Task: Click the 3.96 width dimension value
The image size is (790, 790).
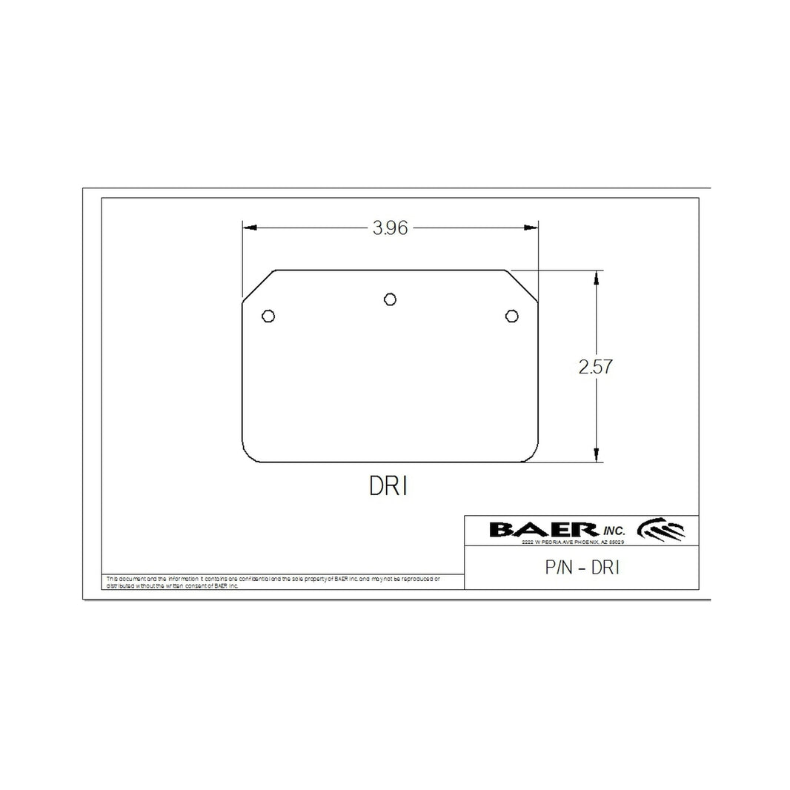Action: (391, 228)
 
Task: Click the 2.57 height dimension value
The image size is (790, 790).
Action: (596, 367)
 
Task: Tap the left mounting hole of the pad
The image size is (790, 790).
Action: (268, 316)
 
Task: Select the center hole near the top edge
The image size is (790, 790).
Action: (390, 299)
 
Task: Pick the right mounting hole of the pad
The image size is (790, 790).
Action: (511, 316)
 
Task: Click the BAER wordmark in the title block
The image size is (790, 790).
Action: (543, 529)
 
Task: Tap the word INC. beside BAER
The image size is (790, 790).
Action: (614, 531)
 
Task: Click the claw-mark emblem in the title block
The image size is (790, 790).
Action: (662, 528)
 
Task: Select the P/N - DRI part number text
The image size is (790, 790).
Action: (582, 568)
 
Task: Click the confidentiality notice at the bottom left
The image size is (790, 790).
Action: (273, 581)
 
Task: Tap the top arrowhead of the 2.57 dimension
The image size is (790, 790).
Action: (596, 276)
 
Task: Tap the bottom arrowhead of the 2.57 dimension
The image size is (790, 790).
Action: (596, 457)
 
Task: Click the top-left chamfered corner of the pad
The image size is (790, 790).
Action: (259, 285)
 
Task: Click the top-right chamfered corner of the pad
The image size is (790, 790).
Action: (522, 285)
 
